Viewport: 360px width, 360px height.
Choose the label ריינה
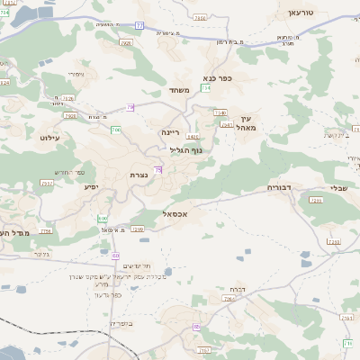170,132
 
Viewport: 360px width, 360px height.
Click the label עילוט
49,138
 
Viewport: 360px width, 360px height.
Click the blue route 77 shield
139,25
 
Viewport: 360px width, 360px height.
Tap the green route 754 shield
206,88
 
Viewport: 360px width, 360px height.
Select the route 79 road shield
130,107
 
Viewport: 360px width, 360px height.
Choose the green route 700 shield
115,130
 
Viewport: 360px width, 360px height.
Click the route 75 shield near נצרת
158,169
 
